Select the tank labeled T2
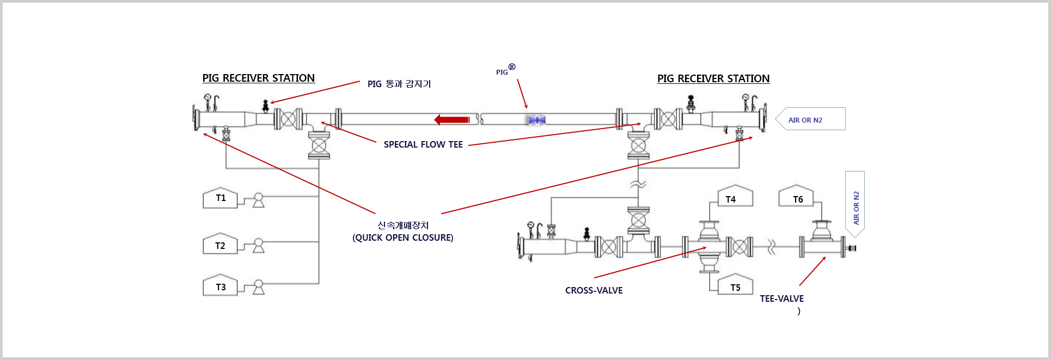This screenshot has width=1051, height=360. pyautogui.click(x=220, y=246)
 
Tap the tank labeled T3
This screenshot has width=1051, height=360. pyautogui.click(x=220, y=287)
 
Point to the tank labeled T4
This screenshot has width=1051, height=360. pyautogui.click(x=735, y=198)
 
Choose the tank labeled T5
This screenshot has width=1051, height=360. pyautogui.click(x=735, y=286)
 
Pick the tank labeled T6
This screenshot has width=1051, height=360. pyautogui.click(x=796, y=197)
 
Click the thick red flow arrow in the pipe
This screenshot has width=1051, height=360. pyautogui.click(x=452, y=119)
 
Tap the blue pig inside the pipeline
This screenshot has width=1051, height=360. pyautogui.click(x=537, y=120)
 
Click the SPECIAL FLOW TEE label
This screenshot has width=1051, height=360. pyautogui.click(x=423, y=144)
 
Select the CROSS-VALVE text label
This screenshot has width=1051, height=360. pyautogui.click(x=594, y=290)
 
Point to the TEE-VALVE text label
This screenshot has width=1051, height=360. pyautogui.click(x=781, y=298)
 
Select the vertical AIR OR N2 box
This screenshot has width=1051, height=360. pyautogui.click(x=855, y=204)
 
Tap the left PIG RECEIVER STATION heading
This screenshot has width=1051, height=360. pyautogui.click(x=258, y=78)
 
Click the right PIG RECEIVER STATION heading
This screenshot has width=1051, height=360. pyautogui.click(x=713, y=78)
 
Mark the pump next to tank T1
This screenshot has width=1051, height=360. pyautogui.click(x=259, y=200)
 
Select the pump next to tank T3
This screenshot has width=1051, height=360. pyautogui.click(x=259, y=287)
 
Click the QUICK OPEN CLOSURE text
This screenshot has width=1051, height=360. pyautogui.click(x=402, y=237)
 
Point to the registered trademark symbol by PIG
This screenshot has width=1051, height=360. pyautogui.click(x=512, y=67)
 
